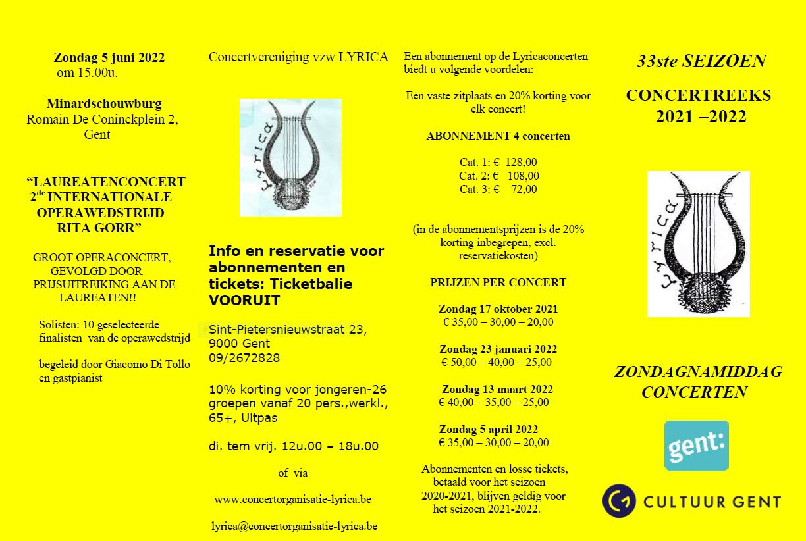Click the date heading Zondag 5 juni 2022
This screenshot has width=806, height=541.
(x=109, y=57)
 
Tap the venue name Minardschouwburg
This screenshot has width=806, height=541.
(x=104, y=104)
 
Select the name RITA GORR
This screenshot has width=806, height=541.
(x=99, y=228)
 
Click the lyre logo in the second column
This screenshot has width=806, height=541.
(x=290, y=157)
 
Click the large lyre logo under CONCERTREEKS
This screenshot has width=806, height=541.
(x=698, y=244)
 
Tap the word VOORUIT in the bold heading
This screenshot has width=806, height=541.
(x=244, y=300)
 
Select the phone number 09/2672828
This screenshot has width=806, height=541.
(x=244, y=358)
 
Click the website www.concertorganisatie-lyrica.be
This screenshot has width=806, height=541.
(x=292, y=500)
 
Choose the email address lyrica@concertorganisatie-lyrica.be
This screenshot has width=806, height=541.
(x=294, y=527)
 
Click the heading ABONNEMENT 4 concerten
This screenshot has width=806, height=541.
(x=498, y=136)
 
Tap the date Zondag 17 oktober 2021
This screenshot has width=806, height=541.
(x=498, y=309)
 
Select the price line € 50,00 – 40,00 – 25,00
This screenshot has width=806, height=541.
(x=497, y=363)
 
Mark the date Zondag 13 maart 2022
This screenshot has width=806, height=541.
(x=497, y=389)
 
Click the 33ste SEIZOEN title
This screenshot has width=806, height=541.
(x=701, y=61)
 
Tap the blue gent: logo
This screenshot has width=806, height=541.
(x=696, y=446)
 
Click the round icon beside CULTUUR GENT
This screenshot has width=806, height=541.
(x=619, y=502)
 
